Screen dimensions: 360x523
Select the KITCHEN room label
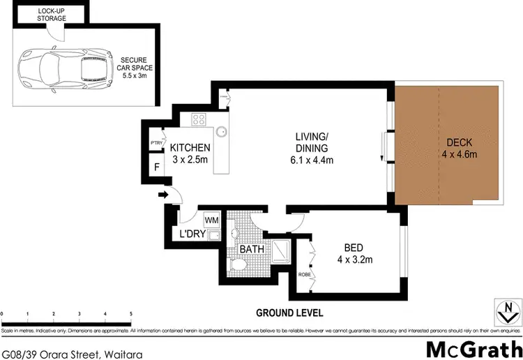tap(190, 147)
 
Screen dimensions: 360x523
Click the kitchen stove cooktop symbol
tap(199, 119)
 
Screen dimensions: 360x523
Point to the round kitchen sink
tap(222, 130)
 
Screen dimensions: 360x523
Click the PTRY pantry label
tap(156, 144)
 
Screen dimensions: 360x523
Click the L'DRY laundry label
tap(192, 234)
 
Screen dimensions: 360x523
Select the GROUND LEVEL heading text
tap(289, 313)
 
